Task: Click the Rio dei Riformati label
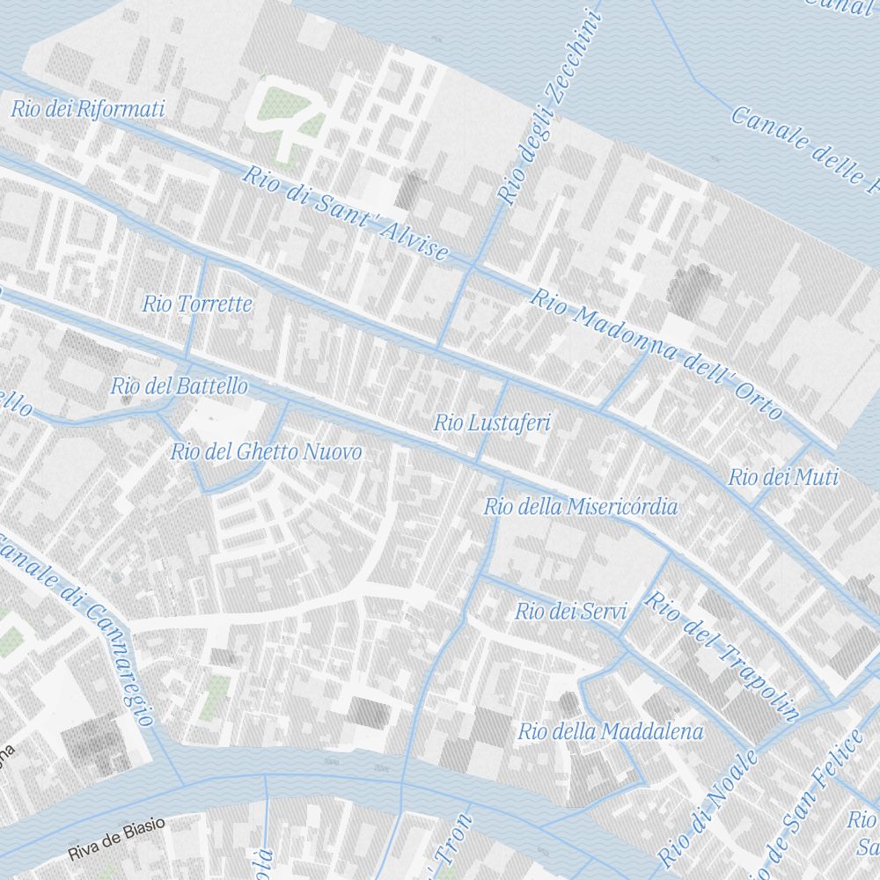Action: (x=87, y=110)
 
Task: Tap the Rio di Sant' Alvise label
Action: (x=346, y=214)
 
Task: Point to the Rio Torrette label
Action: (x=197, y=304)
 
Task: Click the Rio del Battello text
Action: (x=179, y=386)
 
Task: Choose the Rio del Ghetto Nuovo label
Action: (x=266, y=452)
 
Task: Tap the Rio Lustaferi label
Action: (x=492, y=423)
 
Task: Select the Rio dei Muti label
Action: (x=783, y=478)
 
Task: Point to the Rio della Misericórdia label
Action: (x=581, y=507)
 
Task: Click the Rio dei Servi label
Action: (x=570, y=612)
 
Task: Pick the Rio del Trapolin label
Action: (x=722, y=656)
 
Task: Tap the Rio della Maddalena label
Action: (x=610, y=731)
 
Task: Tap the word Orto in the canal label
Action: (x=759, y=401)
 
